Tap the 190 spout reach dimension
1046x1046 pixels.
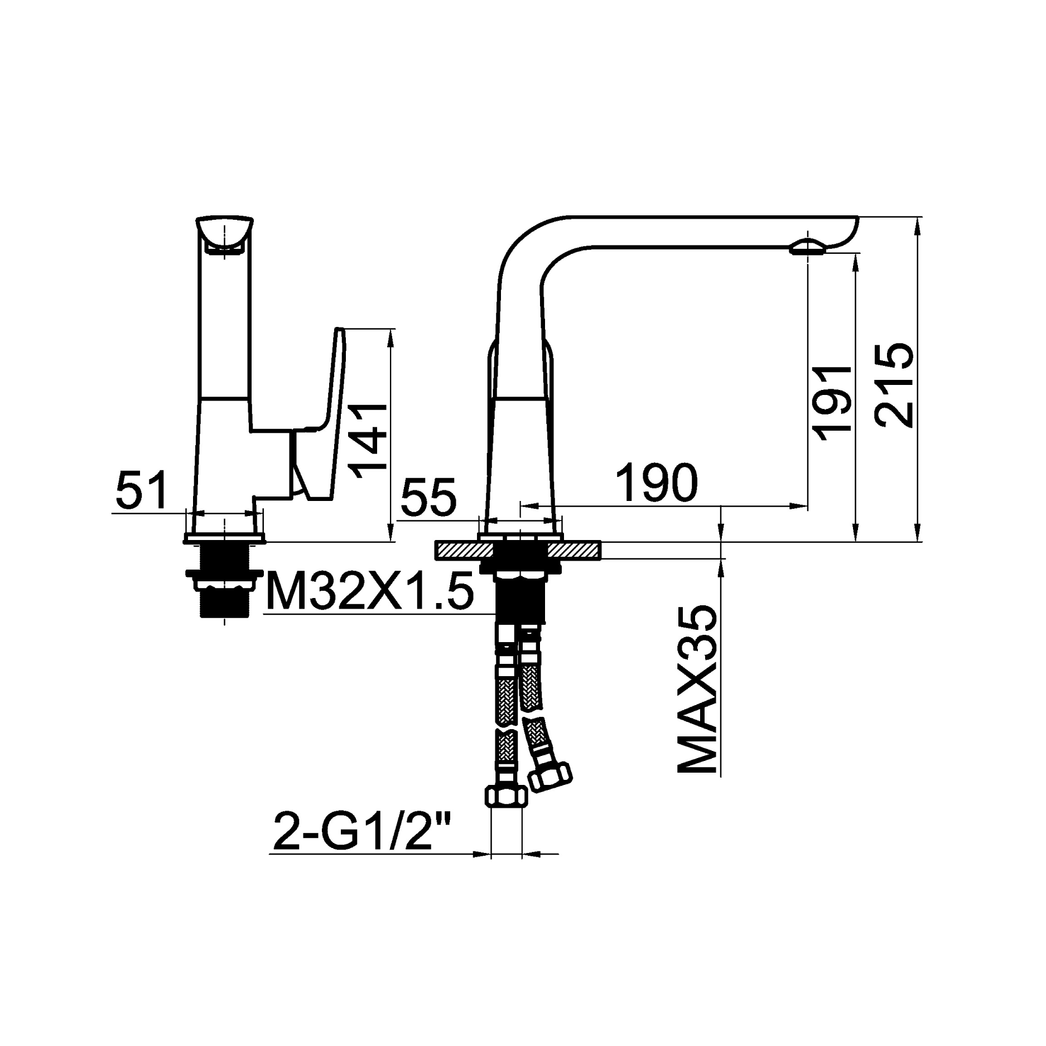click(x=657, y=483)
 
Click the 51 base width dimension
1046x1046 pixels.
click(x=142, y=490)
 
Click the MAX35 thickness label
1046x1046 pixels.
click(x=696, y=690)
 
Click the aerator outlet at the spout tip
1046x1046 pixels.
click(x=807, y=247)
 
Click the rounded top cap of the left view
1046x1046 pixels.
click(x=224, y=230)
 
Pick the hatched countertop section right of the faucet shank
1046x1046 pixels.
click(x=573, y=551)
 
